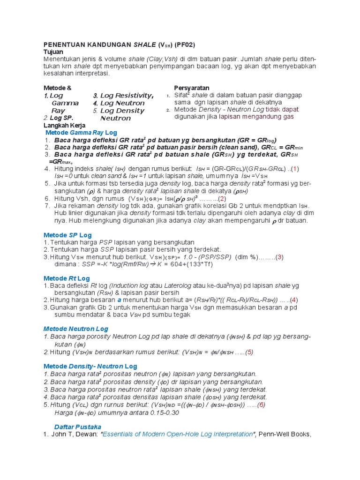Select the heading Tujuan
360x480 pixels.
click(x=53, y=52)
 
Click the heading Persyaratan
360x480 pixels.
click(x=192, y=88)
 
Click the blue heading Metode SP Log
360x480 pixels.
click(x=67, y=235)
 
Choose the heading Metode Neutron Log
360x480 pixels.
click(x=75, y=329)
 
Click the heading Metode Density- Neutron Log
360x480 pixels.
click(x=90, y=366)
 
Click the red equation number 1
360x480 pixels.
click(x=295, y=169)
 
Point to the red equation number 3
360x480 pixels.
click(x=279, y=257)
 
